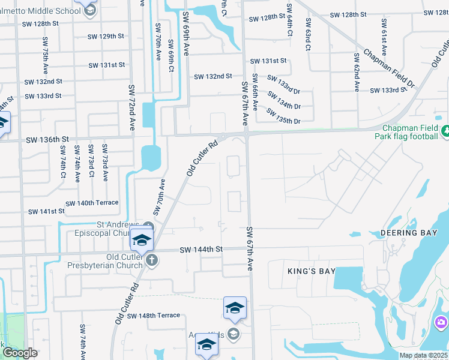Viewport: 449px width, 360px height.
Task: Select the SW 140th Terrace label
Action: click(92, 203)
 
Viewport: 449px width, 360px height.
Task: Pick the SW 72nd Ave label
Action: click(132, 107)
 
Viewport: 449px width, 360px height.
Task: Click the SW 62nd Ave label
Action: click(355, 75)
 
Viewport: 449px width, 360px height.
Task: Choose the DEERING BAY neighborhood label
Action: click(407, 232)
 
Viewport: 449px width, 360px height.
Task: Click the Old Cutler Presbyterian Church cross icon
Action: click(152, 260)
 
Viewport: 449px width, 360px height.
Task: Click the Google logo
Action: click(20, 353)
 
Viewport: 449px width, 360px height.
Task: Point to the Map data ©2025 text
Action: click(424, 355)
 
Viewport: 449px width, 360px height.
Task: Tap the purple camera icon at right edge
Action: click(442, 323)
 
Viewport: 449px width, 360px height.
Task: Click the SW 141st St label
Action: click(46, 211)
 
